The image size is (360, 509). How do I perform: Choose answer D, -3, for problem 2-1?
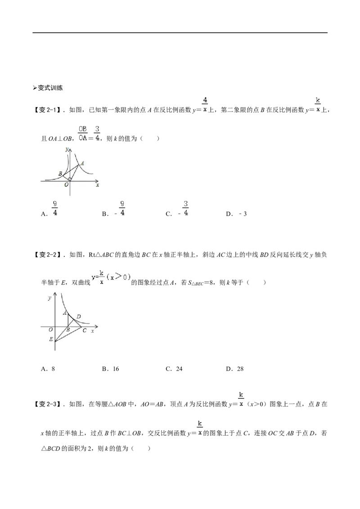tap(237, 214)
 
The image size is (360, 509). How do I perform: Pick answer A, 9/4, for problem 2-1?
tap(49, 209)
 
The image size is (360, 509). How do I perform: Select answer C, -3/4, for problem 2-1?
tap(177, 209)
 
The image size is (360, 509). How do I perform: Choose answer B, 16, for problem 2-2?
tap(110, 369)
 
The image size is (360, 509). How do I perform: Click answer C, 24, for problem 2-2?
tap(174, 369)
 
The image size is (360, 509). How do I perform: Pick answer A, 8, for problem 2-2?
tap(48, 369)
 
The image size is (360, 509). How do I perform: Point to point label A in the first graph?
tap(82, 163)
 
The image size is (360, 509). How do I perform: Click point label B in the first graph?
tap(60, 174)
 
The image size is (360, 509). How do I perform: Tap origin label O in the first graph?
tap(66, 185)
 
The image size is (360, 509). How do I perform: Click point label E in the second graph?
tap(51, 339)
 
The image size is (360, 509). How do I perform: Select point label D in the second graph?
tap(79, 317)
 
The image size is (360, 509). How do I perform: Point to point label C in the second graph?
tap(85, 330)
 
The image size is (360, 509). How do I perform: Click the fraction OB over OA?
tap(83, 134)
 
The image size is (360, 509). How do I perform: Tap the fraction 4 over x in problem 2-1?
tap(205, 105)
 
